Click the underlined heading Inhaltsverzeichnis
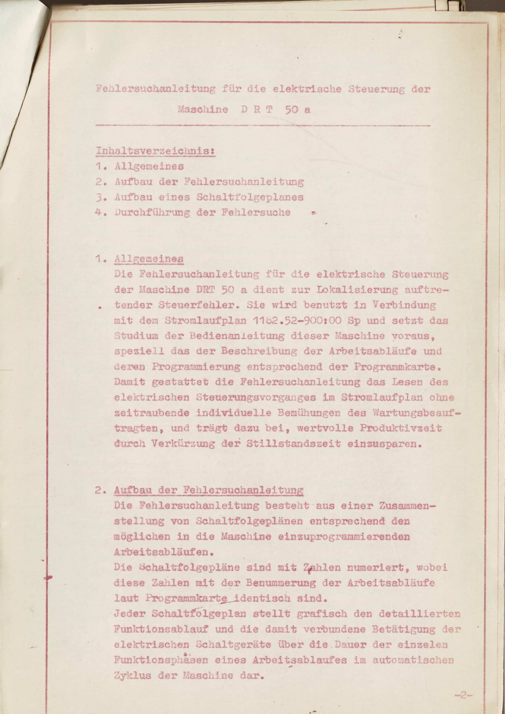click(155, 151)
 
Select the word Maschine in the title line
click(203, 110)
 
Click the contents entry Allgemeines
click(149, 166)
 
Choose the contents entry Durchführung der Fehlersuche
click(203, 213)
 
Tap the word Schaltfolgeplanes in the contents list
click(250, 197)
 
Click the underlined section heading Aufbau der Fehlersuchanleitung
click(208, 490)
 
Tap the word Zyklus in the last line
click(133, 675)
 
